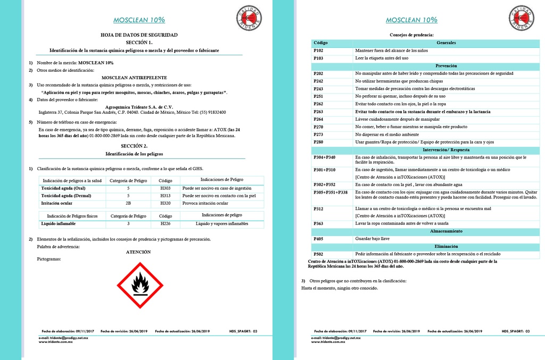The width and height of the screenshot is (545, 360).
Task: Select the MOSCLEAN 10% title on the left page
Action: [139, 20]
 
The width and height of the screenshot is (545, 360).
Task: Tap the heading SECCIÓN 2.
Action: [134, 146]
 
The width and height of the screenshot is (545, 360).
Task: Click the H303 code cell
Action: [166, 188]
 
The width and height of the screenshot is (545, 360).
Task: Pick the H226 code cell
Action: [166, 224]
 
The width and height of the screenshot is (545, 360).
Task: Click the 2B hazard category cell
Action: [128, 203]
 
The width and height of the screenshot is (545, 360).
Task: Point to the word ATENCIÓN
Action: [138, 252]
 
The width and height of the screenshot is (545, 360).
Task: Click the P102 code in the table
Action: [318, 50]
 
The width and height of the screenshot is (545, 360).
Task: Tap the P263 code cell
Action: [318, 112]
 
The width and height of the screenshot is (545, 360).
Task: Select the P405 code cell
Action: [318, 239]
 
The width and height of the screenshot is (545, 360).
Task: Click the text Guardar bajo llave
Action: [373, 239]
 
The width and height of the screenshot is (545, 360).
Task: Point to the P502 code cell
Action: [318, 255]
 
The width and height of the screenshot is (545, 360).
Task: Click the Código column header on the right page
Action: [320, 43]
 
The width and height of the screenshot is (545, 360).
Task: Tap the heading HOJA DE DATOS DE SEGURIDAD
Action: [139, 35]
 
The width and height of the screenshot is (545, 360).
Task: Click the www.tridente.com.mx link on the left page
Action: [55, 341]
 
